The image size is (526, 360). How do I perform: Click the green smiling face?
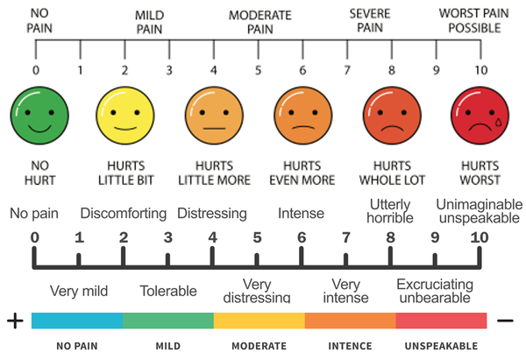pos(39,116)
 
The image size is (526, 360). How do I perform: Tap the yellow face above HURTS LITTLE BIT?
pos(125,116)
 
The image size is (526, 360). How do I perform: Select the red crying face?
pos(480,116)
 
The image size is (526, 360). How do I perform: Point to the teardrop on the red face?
pos(499,122)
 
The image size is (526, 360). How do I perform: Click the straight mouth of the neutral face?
pos(214,129)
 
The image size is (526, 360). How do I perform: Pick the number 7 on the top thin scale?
pos(347,70)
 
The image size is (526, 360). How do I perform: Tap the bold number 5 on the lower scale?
pos(257,237)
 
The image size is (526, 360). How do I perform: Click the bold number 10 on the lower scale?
pos(480,237)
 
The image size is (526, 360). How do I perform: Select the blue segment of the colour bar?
pos(77,321)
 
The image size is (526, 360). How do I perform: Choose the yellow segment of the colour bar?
pos(259,321)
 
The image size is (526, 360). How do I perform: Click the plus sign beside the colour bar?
pos(15,321)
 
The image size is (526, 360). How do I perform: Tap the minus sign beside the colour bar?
pos(505,321)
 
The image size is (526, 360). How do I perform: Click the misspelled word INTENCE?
pos(350,346)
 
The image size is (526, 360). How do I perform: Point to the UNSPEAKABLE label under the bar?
pos(441,346)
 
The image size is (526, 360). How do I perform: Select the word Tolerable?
pos(168,291)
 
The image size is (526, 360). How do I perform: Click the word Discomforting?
pos(124,214)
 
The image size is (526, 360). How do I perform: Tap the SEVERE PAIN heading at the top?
pos(370,20)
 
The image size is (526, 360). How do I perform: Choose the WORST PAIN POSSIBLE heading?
pos(474,20)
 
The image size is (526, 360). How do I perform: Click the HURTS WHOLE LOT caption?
pos(392,173)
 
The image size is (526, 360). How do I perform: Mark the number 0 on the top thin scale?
pos(36,70)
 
